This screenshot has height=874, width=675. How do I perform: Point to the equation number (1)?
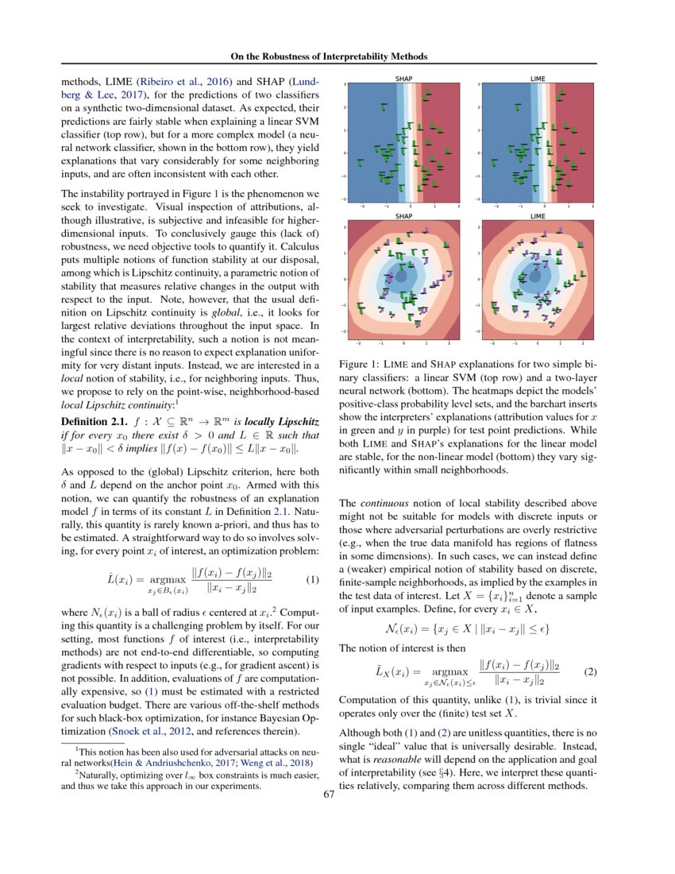tap(311, 578)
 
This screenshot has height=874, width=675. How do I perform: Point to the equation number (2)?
tap(590, 671)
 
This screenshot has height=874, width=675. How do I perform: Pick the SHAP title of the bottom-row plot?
tap(403, 216)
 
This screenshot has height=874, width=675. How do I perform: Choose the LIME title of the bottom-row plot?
tap(538, 216)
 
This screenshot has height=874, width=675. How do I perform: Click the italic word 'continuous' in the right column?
tap(380, 503)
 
